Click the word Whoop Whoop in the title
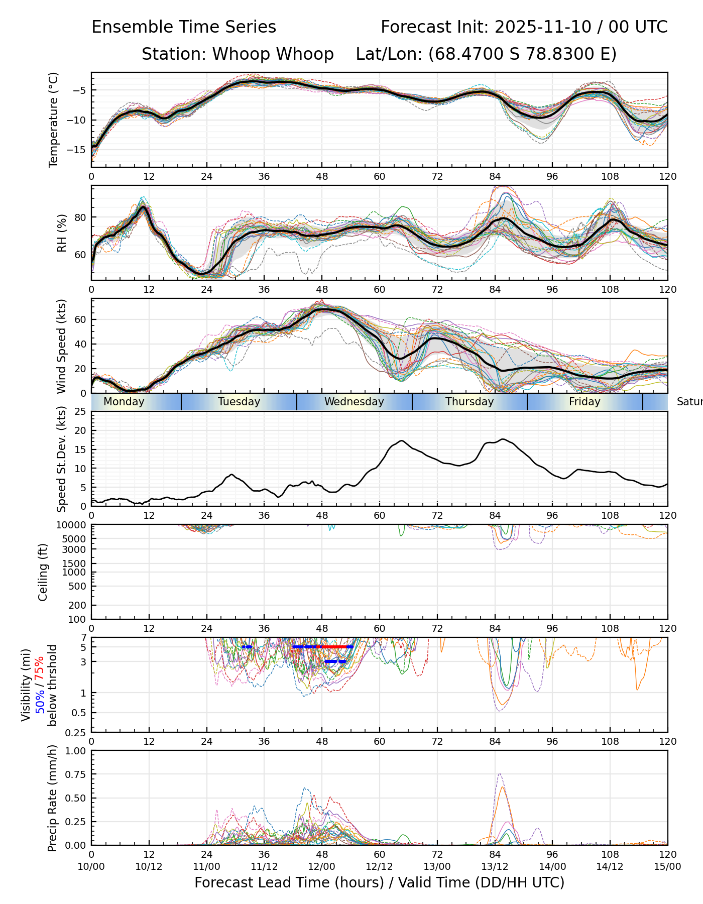[x=273, y=54]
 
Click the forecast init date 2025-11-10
[x=543, y=27]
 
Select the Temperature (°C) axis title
[x=54, y=120]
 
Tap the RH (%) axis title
[x=62, y=233]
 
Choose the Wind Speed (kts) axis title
[x=61, y=346]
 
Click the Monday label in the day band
[x=124, y=402]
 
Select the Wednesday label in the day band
[x=354, y=402]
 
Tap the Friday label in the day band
[x=584, y=402]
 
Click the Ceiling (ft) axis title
[x=43, y=572]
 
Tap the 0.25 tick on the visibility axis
[x=76, y=732]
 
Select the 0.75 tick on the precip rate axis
[x=76, y=774]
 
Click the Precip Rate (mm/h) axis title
[x=52, y=798]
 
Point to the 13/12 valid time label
[x=495, y=867]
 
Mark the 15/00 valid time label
[x=667, y=867]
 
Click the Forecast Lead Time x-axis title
[x=379, y=883]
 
